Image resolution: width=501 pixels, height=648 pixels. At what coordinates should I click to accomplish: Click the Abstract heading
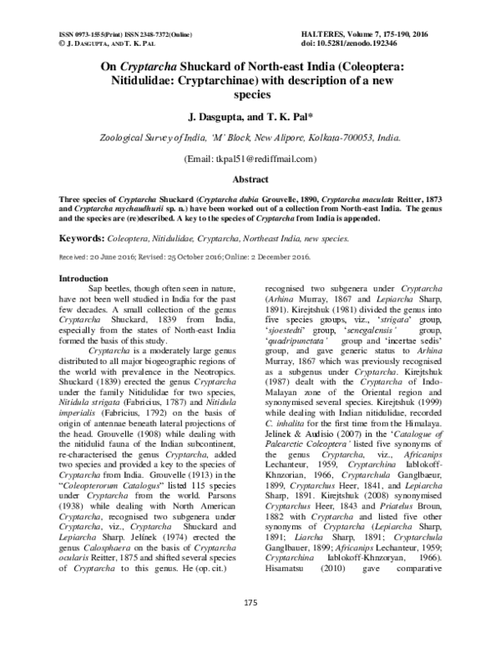pyautogui.click(x=250, y=179)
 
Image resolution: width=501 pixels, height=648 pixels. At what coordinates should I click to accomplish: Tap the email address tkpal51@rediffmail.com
pyautogui.click(x=256, y=159)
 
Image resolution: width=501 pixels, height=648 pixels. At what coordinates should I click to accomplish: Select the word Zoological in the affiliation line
pyautogui.click(x=129, y=139)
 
